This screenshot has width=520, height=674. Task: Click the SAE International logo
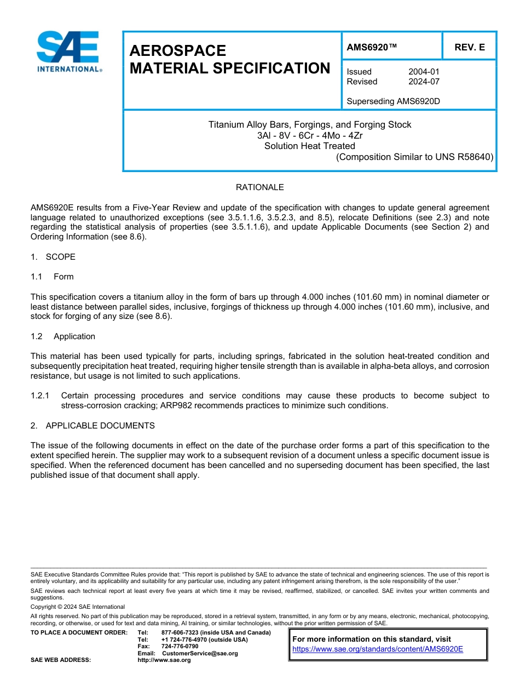[68, 52]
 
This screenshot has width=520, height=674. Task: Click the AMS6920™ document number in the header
[372, 48]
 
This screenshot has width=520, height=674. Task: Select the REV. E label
[469, 48]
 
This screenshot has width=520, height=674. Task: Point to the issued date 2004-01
[424, 72]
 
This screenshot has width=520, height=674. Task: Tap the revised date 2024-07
[424, 82]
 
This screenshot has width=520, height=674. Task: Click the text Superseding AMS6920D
[393, 101]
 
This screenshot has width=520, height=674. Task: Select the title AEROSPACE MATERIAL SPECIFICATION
[229, 60]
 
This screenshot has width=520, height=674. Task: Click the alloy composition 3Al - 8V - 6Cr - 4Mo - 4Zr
[309, 135]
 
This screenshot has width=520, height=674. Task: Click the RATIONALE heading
[259, 187]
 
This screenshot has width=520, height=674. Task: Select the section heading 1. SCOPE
[53, 257]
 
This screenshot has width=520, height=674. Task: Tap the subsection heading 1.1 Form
[52, 277]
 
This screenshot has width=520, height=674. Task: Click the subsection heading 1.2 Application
[63, 336]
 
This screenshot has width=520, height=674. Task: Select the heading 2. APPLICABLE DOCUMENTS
[93, 426]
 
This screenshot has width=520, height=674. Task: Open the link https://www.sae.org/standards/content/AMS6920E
[378, 649]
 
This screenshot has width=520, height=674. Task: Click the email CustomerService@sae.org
[200, 653]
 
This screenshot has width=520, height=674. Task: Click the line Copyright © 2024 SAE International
[78, 607]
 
